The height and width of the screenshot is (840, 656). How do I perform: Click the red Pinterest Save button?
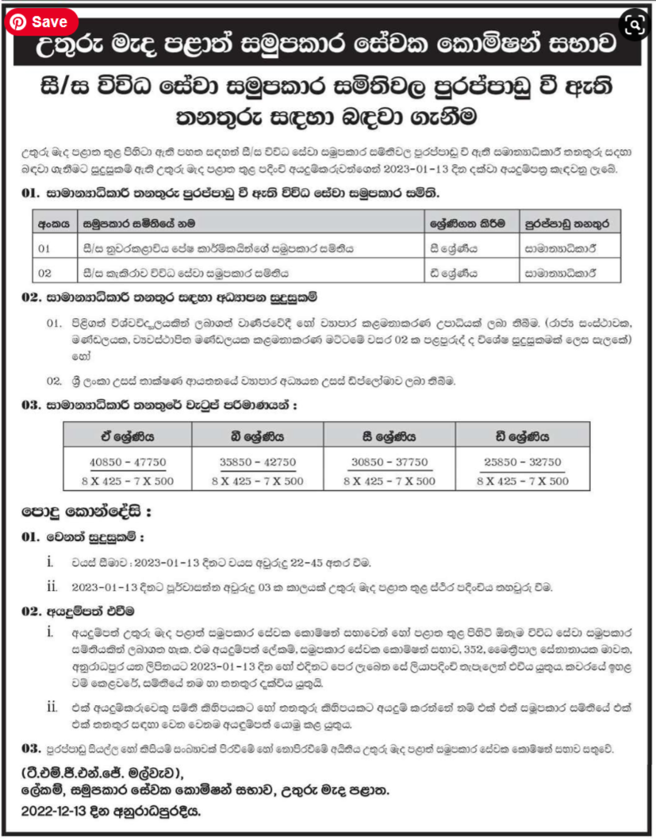pos(40,22)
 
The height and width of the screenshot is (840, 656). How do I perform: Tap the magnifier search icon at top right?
pos(634,25)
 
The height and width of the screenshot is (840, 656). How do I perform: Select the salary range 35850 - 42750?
pos(257,462)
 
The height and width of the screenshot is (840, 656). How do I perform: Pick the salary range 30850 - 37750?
pos(389,462)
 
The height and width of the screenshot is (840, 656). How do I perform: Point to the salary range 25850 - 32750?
pos(523,462)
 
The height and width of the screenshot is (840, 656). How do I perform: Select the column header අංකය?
pos(53,224)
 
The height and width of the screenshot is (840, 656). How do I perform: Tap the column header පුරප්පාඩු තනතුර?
pos(570,224)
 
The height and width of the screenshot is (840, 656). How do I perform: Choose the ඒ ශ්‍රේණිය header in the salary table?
pos(126,435)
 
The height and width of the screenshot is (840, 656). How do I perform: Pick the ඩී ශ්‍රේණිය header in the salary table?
pos(523,435)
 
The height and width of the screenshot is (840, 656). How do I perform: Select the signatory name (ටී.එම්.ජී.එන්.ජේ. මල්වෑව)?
pos(102,773)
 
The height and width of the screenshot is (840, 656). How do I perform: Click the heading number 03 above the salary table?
pos(30,405)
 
